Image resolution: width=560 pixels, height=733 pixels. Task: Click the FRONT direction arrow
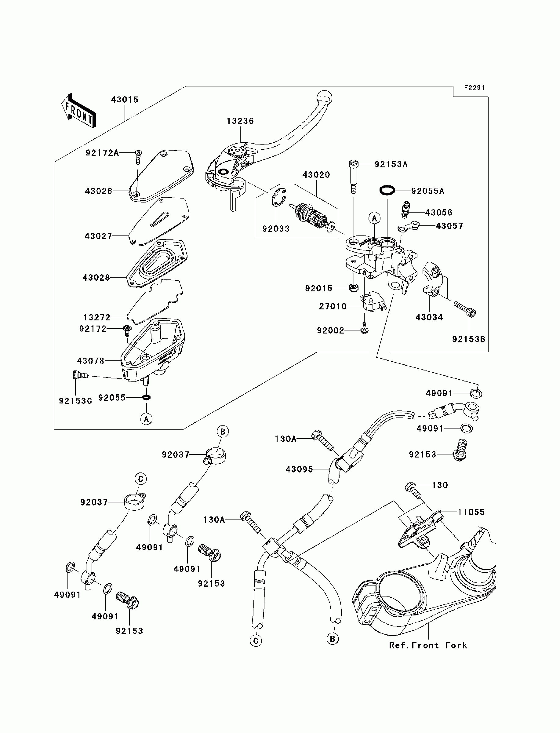coord(79,110)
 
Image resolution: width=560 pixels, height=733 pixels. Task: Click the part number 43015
coord(124,100)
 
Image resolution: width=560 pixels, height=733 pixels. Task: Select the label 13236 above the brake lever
coord(240,121)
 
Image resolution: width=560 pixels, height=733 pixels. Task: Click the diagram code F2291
coord(474,88)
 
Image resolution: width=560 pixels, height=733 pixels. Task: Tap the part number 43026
coord(99,191)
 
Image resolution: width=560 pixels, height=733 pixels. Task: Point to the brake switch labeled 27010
coord(373,301)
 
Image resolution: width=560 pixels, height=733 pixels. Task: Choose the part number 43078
coord(90,361)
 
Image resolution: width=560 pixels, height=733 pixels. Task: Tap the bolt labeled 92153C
coord(80,375)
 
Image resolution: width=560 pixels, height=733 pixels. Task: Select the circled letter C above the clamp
coord(141,479)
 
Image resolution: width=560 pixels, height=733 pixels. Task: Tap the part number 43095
coord(299,469)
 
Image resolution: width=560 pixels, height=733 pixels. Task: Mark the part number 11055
coord(471,512)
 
